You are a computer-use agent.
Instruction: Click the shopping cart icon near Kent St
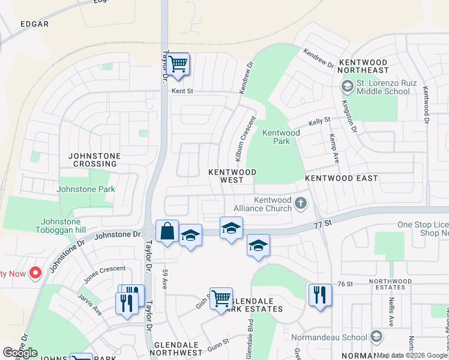[x=178, y=64]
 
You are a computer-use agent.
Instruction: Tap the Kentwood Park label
[x=281, y=137]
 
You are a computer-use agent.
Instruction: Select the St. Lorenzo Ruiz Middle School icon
[x=347, y=87]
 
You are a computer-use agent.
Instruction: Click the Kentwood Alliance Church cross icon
[x=301, y=205]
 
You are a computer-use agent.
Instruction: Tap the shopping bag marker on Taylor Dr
[x=167, y=232]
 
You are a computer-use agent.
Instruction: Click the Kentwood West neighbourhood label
[x=232, y=176]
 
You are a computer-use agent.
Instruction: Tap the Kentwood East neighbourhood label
[x=341, y=178]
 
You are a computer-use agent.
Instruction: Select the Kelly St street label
[x=319, y=121]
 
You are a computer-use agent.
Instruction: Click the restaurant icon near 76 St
[x=320, y=295]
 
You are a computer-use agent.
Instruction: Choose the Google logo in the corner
[x=20, y=353]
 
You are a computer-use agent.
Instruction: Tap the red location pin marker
[x=35, y=273]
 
